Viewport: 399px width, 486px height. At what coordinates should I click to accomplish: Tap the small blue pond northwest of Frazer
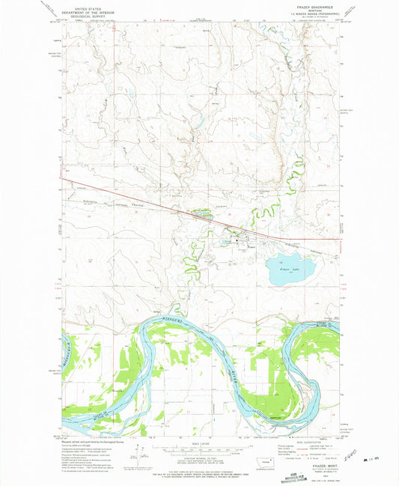click(x=201, y=212)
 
